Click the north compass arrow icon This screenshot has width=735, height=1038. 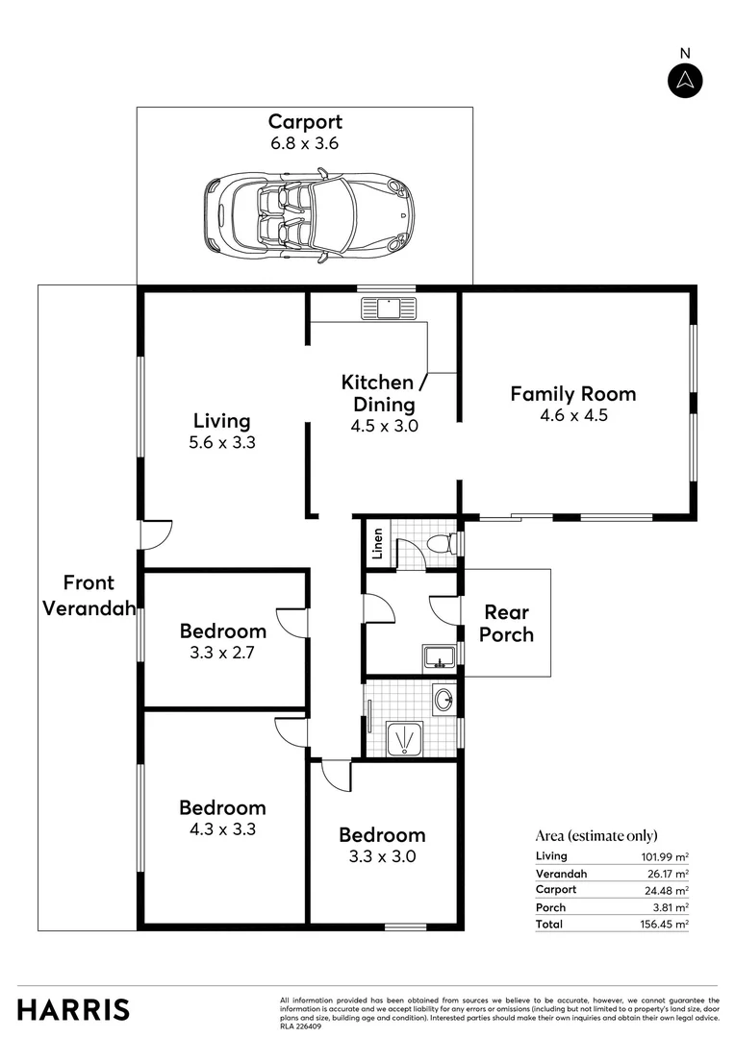pyautogui.click(x=685, y=81)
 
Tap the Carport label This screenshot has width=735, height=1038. pyautogui.click(x=305, y=122)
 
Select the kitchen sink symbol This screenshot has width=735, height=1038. pyautogui.click(x=389, y=308)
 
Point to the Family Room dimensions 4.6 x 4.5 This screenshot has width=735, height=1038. pyautogui.click(x=574, y=416)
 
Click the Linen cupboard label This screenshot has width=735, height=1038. pyautogui.click(x=377, y=543)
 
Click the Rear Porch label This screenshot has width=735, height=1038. pyautogui.click(x=506, y=623)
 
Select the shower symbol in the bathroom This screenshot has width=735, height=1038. pyautogui.click(x=404, y=739)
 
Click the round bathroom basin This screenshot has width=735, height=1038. pyautogui.click(x=444, y=699)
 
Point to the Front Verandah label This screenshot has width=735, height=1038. pyautogui.click(x=89, y=595)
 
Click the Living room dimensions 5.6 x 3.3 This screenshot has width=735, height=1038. pyautogui.click(x=222, y=443)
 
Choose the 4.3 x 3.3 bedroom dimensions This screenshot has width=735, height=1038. pyautogui.click(x=222, y=829)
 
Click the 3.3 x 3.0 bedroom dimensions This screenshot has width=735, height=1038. pyautogui.click(x=383, y=856)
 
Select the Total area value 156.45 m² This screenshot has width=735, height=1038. pyautogui.click(x=664, y=925)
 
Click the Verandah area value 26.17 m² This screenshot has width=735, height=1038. pyautogui.click(x=668, y=874)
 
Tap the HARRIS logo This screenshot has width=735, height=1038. pyautogui.click(x=73, y=1009)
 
